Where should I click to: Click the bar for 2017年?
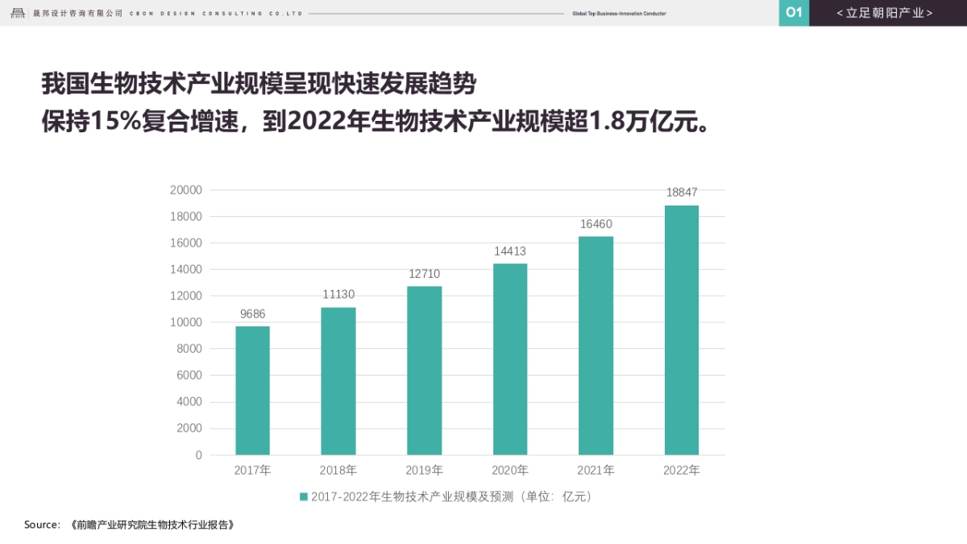pos(252,390)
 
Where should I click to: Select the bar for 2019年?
pos(424,370)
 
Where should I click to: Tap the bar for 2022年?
pos(682,330)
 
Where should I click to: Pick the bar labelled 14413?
pos(510,359)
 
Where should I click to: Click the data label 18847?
pos(682,193)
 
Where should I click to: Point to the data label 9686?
pos(252,314)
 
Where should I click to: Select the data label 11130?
pos(338,294)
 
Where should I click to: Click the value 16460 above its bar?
pos(596,224)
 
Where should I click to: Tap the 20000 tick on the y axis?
pos(186,190)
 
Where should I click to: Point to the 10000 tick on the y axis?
pos(186,322)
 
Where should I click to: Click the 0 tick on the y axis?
pos(198,455)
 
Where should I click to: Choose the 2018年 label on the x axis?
pos(338,471)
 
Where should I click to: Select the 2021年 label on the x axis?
pos(596,471)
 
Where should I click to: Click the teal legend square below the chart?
pos(304,497)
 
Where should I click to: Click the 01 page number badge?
pos(794,13)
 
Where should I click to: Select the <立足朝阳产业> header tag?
pos(885,13)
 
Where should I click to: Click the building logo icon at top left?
pos(18,13)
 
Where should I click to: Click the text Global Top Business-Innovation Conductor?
pos(619,14)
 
